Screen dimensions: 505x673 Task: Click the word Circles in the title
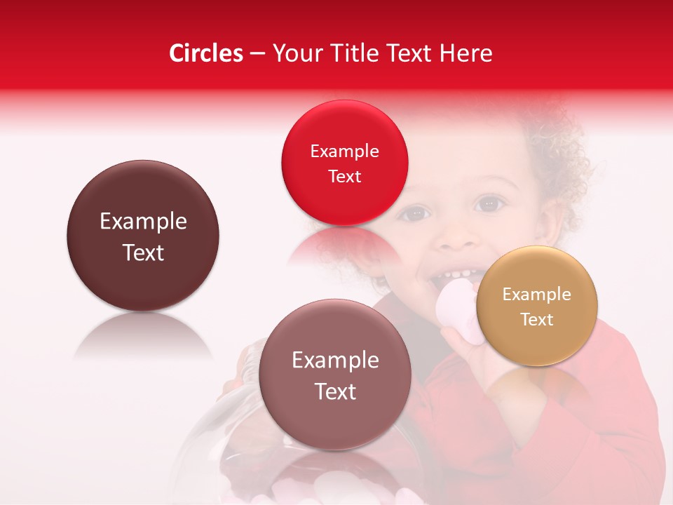click(206, 53)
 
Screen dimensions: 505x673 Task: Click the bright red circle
click(344, 163)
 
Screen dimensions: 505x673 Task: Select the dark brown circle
click(143, 236)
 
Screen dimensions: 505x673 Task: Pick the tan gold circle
click(537, 306)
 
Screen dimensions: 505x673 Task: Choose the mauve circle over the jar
click(335, 375)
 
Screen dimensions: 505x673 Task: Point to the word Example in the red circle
click(344, 151)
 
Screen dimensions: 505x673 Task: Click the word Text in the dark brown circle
click(143, 252)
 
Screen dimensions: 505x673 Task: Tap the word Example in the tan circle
click(537, 295)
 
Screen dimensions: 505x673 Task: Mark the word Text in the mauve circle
click(335, 391)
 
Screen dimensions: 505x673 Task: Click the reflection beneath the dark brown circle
click(143, 337)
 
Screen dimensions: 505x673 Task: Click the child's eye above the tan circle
click(489, 204)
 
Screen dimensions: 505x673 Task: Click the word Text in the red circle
click(344, 176)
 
